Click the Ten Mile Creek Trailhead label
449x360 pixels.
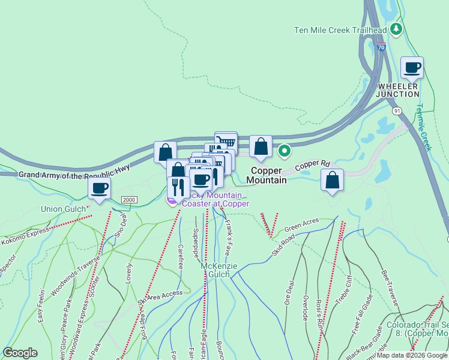coord(340,30)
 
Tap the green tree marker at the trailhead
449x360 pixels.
coord(396,29)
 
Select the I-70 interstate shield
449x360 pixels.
coord(382,47)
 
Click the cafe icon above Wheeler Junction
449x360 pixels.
coord(412,68)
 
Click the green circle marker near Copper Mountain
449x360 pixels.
coord(285,151)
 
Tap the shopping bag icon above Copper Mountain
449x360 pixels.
coord(261,146)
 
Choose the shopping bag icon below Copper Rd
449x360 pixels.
coord(332,180)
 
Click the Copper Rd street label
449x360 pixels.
coord(312,163)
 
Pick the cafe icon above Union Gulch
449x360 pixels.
coord(99,188)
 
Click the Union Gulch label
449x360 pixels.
coord(62,209)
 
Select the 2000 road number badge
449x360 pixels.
coord(129,200)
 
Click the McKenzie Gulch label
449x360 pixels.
coord(215,270)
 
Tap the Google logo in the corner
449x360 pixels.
coord(20,353)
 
